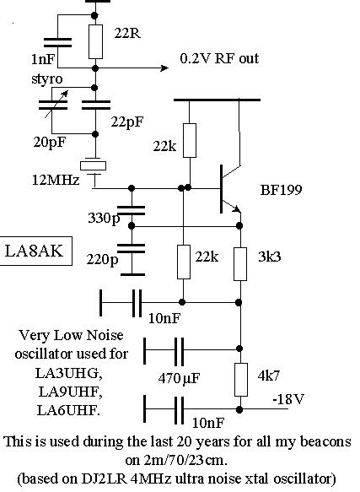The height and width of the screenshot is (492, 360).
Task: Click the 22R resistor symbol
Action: (x=95, y=41)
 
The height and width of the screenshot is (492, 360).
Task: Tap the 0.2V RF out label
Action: (x=219, y=58)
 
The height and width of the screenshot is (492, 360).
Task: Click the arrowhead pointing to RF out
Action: (x=164, y=68)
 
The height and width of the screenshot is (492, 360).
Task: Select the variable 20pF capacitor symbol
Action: (x=53, y=105)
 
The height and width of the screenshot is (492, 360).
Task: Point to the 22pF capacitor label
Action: (x=127, y=122)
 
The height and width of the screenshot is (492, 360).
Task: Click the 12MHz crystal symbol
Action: (x=93, y=165)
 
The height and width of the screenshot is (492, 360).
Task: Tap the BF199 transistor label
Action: (x=282, y=190)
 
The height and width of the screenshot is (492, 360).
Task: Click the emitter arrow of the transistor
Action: (x=236, y=208)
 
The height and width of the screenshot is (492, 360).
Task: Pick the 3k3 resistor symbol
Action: (x=240, y=264)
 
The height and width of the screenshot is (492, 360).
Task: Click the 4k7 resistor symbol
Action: (x=241, y=380)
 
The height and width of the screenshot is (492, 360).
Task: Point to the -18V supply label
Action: (x=288, y=399)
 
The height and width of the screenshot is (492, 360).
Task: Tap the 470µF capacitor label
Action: (x=179, y=378)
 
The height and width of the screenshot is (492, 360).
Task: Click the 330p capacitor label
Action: (x=104, y=218)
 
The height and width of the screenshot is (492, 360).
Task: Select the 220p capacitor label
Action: (x=103, y=259)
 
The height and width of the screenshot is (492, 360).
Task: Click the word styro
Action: (x=47, y=79)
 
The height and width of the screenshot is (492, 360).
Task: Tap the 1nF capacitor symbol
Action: (x=57, y=42)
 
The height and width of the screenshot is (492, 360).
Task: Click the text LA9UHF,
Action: (x=70, y=392)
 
